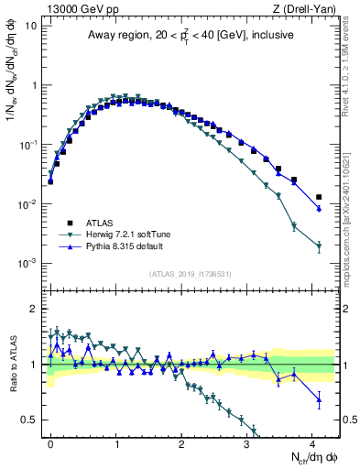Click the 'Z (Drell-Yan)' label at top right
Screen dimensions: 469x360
pos(306,9)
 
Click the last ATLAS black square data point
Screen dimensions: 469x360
pos(319,197)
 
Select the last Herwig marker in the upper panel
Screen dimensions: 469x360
pos(319,246)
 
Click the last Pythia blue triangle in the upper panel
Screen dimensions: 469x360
pos(319,209)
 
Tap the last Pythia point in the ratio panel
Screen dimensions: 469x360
pos(319,398)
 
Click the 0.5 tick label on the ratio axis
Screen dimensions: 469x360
pos(29,420)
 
